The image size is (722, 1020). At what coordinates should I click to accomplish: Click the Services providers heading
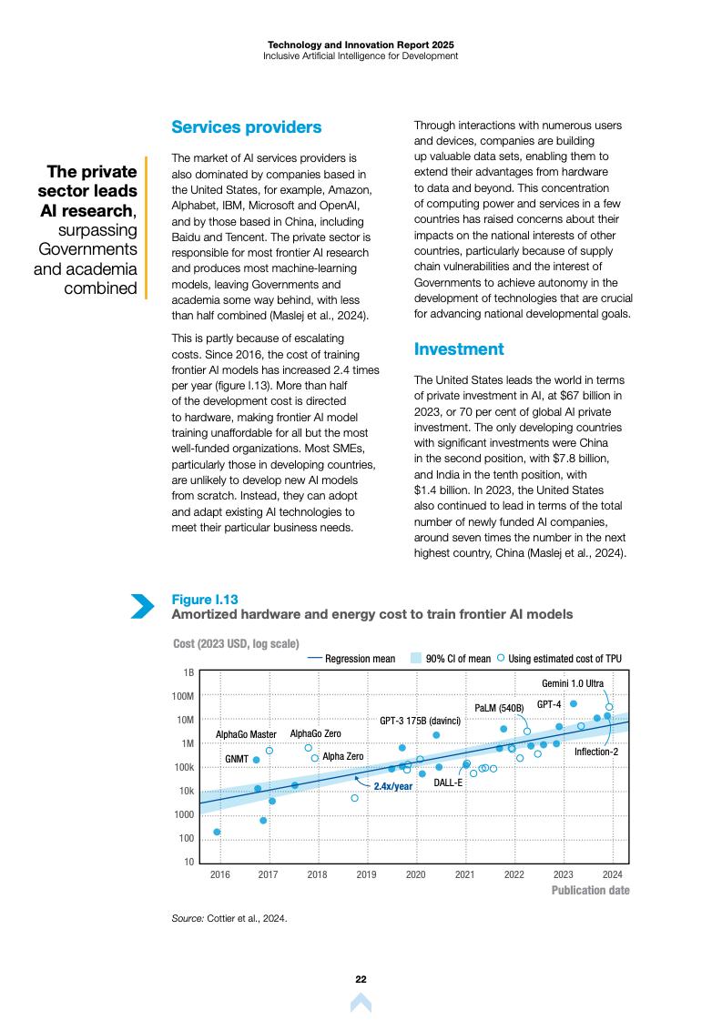coord(246,127)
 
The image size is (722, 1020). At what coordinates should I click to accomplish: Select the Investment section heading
coord(458,349)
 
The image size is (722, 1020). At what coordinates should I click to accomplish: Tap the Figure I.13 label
coord(205,599)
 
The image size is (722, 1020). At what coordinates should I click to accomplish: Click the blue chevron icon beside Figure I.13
coord(143,606)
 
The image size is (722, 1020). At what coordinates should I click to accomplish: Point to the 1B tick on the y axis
coord(188,672)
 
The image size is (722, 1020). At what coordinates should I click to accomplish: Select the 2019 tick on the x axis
coord(366,875)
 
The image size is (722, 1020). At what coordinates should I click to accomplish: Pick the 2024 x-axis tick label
coord(612,875)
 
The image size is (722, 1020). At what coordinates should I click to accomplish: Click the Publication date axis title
coord(590,890)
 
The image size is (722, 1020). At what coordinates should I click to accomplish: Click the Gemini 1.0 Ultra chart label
coord(573,682)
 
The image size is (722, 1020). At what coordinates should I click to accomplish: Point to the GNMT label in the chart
coord(236,759)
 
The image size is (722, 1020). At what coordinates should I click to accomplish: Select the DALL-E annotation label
coord(448,783)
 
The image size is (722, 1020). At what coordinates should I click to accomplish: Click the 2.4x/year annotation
coord(393,785)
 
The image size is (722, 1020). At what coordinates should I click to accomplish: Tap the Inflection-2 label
coord(595,752)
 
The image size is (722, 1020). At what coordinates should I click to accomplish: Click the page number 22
coord(361,979)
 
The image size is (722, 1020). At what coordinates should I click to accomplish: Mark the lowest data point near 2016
coord(217,832)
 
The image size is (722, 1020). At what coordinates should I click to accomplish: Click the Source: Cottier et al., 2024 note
coord(229,918)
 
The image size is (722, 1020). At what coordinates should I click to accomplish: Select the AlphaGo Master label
coord(246,734)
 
